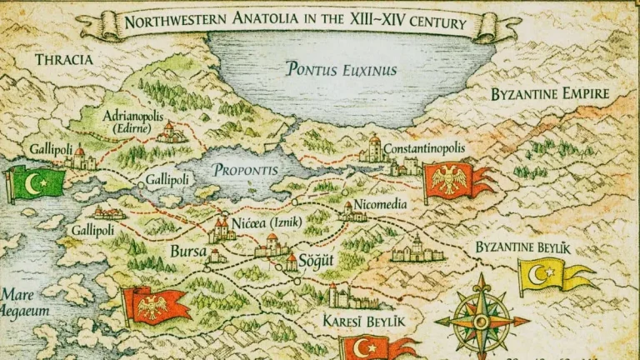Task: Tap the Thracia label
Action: coord(64,59)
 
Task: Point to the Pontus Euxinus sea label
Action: coord(341,69)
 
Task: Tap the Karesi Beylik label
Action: coord(363,320)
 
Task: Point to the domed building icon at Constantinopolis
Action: coord(374,148)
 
